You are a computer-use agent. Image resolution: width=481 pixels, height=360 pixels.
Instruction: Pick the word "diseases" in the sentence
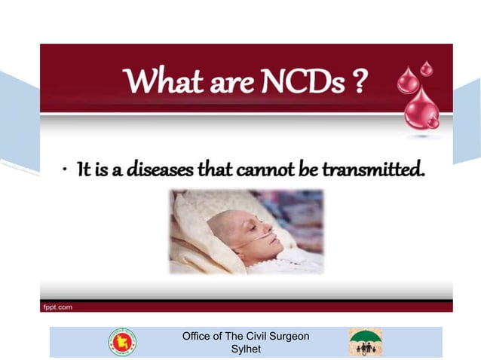tap(155, 170)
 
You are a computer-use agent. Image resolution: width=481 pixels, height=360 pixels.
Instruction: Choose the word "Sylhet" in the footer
tap(245, 349)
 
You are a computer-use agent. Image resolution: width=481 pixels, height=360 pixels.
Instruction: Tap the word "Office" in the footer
tap(198, 336)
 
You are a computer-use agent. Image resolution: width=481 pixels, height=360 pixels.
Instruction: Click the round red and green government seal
tap(122, 342)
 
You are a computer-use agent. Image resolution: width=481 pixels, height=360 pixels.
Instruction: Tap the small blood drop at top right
tap(427, 69)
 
